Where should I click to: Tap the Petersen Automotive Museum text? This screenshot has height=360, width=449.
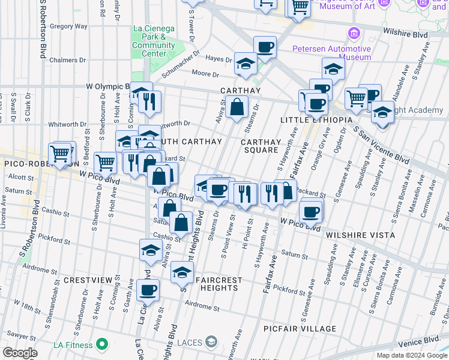331,53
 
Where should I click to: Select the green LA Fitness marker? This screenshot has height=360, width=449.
102,344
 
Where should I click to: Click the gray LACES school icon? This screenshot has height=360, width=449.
211,342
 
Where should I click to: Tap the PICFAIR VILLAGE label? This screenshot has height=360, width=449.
300,329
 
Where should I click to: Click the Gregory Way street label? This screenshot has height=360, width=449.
69,26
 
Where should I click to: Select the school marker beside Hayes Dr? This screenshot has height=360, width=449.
245,65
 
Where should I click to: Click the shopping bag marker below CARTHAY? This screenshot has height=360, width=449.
238,107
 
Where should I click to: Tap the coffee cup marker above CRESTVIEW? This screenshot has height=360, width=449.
148,290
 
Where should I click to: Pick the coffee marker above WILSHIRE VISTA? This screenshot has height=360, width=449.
310,211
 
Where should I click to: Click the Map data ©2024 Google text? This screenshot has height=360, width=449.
411,355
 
